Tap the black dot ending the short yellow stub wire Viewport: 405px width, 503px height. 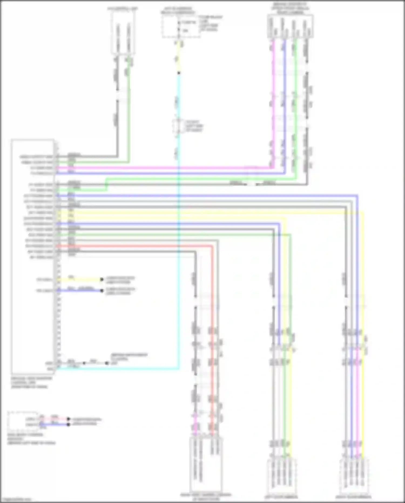point(102,279)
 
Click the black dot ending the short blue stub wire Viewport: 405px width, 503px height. point(102,291)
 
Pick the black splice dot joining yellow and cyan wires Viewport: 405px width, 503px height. point(178,73)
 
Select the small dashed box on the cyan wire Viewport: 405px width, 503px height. point(178,126)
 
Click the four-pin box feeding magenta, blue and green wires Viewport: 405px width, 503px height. point(290,26)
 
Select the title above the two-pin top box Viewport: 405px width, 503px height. point(123,9)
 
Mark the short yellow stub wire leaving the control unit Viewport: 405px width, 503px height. point(81,279)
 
